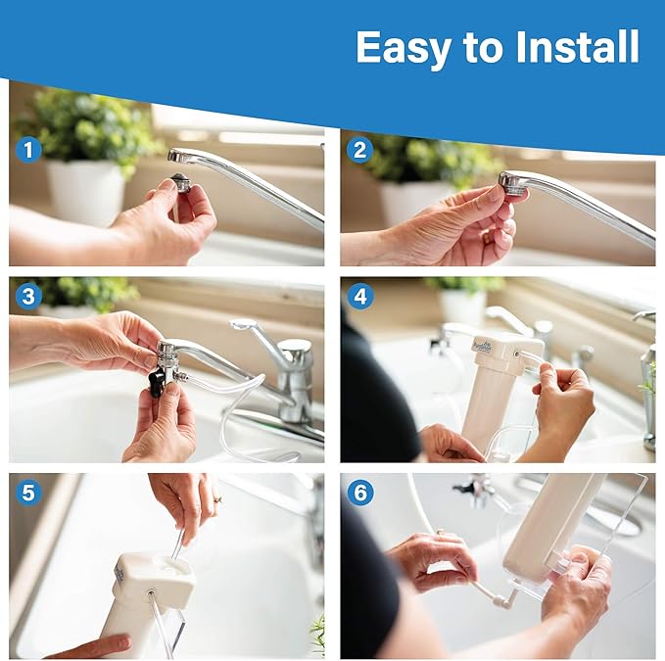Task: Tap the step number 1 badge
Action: pos(28,150)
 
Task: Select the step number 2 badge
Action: pos(360,150)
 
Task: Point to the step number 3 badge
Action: pos(28,296)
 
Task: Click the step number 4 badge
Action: pos(360,296)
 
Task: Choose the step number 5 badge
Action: pos(28,493)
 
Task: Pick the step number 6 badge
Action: pos(360,493)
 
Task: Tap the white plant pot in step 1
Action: pos(86,191)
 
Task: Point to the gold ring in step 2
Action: pos(487,236)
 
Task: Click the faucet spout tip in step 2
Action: pos(512,182)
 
